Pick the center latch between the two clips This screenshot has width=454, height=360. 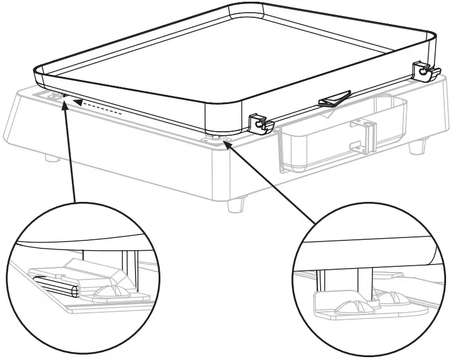(x=334, y=98)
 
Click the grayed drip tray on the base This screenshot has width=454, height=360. (x=339, y=135)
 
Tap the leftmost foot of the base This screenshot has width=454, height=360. (x=51, y=157)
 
